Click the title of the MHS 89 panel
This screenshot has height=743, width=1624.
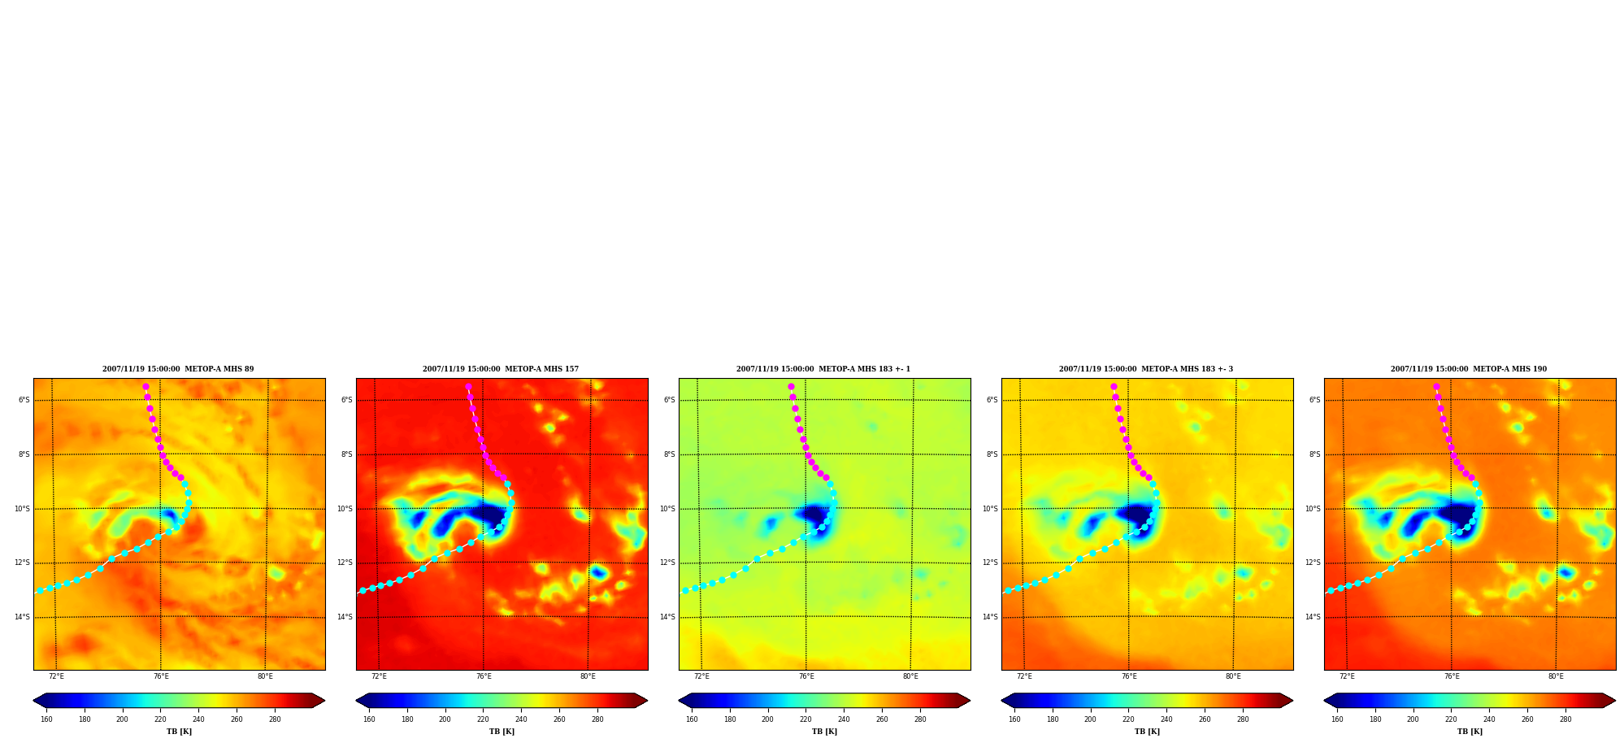click(x=178, y=369)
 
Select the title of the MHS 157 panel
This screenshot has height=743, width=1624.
click(x=501, y=369)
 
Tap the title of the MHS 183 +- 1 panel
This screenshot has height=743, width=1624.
click(x=823, y=369)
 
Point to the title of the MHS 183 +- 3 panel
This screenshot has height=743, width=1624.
click(x=1146, y=369)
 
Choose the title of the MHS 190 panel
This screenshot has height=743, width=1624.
click(x=1469, y=369)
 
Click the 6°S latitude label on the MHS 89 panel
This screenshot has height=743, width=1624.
click(x=24, y=400)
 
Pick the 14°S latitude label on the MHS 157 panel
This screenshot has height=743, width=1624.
click(x=345, y=617)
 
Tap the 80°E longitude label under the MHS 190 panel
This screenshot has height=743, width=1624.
click(x=1556, y=676)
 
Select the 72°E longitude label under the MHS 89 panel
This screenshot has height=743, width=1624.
click(x=56, y=676)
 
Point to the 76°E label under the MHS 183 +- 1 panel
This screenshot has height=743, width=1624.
click(x=806, y=676)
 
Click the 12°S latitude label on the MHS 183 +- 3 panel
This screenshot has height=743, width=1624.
click(x=990, y=563)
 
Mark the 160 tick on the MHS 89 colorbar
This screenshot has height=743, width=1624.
click(x=46, y=719)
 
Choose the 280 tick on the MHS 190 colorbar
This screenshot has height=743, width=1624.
click(x=1565, y=719)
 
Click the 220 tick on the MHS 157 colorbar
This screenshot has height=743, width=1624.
click(x=483, y=719)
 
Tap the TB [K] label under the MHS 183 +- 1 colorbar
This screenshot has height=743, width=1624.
click(x=824, y=732)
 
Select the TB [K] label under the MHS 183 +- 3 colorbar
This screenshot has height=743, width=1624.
click(x=1147, y=732)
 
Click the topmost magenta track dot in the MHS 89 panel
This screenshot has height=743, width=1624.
click(x=145, y=387)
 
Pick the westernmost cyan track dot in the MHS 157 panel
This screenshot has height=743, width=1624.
click(x=363, y=591)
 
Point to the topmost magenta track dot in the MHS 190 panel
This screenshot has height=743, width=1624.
click(x=1436, y=387)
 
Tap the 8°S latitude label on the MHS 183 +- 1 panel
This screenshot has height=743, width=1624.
click(x=670, y=454)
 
